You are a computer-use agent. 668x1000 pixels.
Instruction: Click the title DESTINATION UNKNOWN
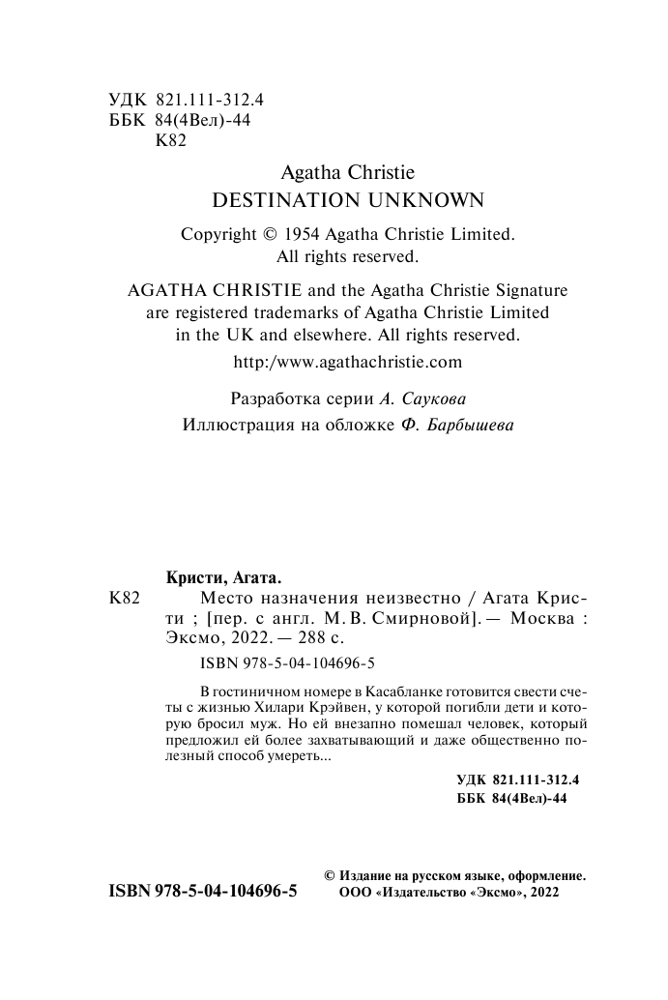(347, 200)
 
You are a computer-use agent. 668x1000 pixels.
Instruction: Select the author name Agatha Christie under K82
(347, 172)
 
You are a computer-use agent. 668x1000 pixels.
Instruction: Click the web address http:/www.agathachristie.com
(349, 363)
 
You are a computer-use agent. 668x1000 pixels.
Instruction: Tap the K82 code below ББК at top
(170, 141)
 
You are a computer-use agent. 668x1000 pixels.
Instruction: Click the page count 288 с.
(313, 638)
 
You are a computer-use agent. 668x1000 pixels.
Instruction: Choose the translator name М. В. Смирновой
(411, 619)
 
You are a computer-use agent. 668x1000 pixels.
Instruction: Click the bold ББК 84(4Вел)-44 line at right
(509, 799)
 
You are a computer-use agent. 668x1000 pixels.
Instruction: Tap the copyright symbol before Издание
(330, 874)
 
